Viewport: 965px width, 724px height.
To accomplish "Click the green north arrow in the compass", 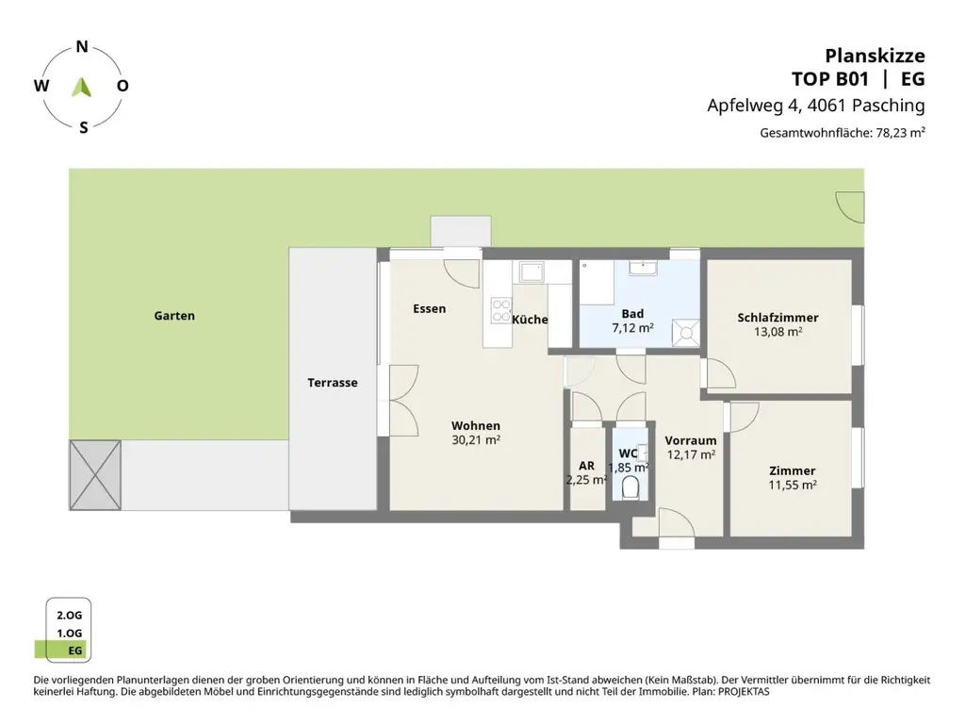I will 82,87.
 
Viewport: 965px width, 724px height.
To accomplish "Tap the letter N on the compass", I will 82,46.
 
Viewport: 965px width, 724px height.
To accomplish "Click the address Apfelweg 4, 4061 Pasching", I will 815,106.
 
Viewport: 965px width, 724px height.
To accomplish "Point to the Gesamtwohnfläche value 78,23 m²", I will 900,133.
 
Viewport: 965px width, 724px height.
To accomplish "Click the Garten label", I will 174,316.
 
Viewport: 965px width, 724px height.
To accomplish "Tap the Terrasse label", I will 332,383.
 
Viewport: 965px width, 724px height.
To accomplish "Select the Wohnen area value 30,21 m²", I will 475,440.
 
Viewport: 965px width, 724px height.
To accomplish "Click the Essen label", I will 429,308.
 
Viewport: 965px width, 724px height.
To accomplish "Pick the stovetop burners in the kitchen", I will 499,310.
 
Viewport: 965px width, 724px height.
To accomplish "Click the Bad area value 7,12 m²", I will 632,329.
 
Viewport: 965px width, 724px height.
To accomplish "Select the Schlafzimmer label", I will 777,318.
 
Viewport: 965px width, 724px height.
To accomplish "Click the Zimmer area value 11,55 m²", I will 792,485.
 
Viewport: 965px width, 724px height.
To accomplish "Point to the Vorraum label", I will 690,440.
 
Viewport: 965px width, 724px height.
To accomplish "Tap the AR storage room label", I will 586,466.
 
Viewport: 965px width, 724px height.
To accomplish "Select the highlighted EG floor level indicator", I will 63,650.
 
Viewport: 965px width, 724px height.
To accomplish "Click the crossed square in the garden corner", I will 95,475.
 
